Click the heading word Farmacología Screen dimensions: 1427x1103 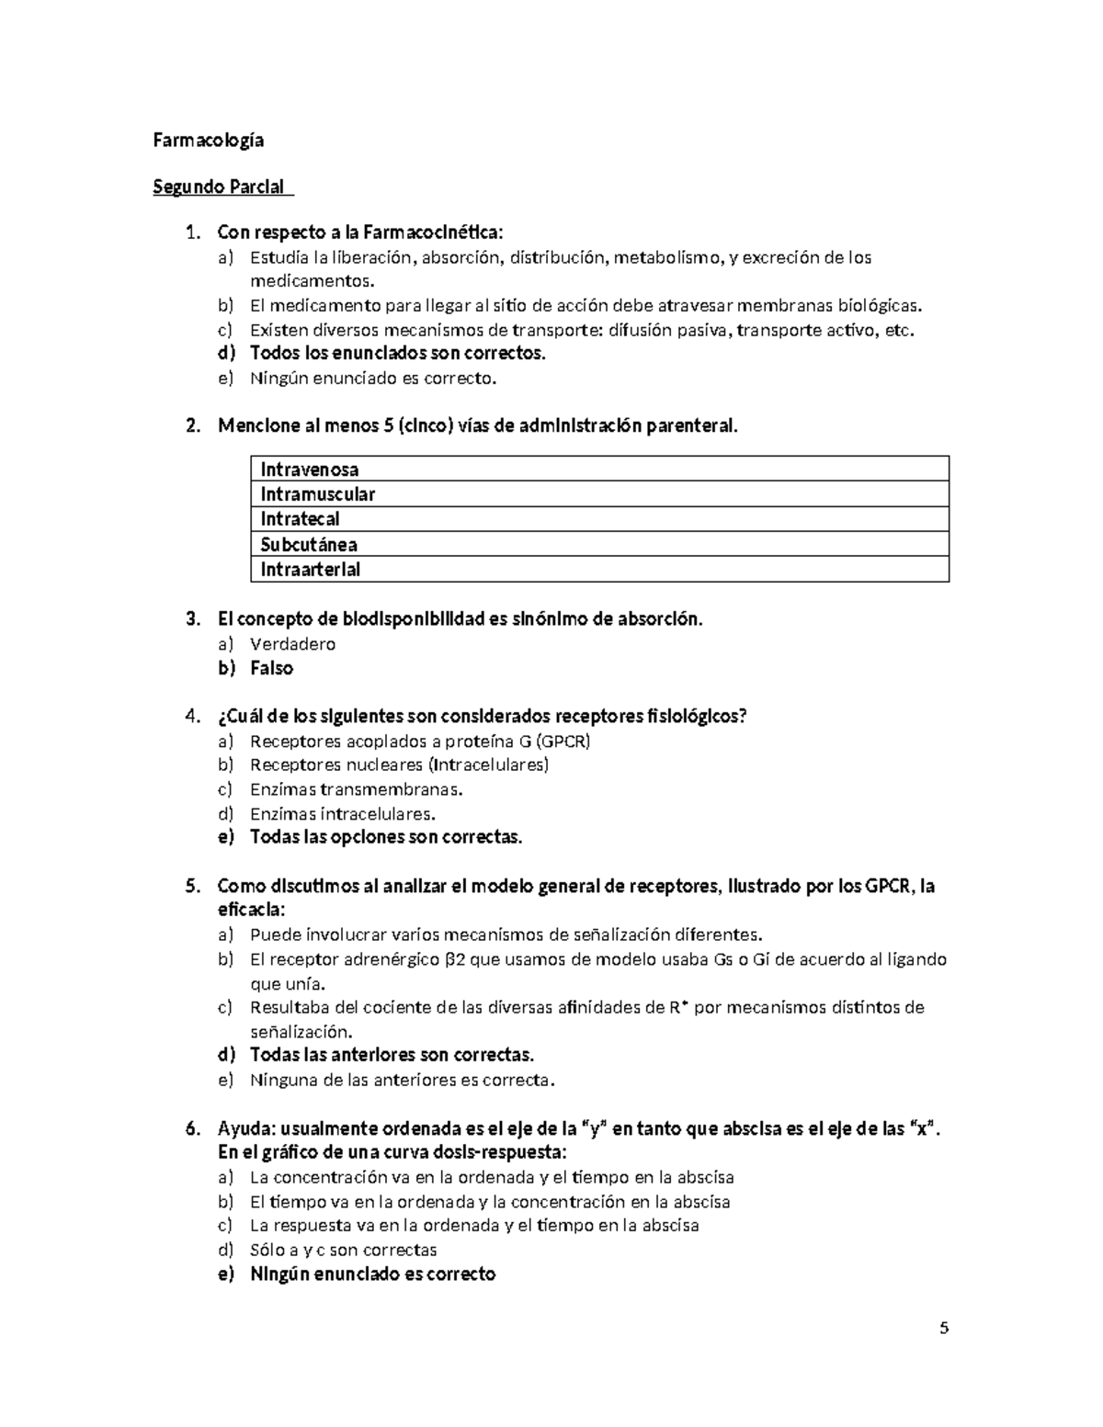pos(208,140)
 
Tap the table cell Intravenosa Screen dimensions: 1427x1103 pos(310,470)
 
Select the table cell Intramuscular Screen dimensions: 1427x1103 pos(318,494)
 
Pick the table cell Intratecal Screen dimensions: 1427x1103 pos(300,519)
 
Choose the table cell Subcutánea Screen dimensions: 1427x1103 pos(309,544)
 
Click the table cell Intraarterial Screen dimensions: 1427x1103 pos(311,569)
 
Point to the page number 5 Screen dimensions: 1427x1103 pos(943,1329)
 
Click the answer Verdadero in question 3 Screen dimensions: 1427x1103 pos(292,644)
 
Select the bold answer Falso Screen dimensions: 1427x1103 pos(271,668)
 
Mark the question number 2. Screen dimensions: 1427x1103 pos(191,425)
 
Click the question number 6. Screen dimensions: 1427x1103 pos(191,1128)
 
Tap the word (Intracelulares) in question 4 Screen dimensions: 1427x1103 pos(490,764)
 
